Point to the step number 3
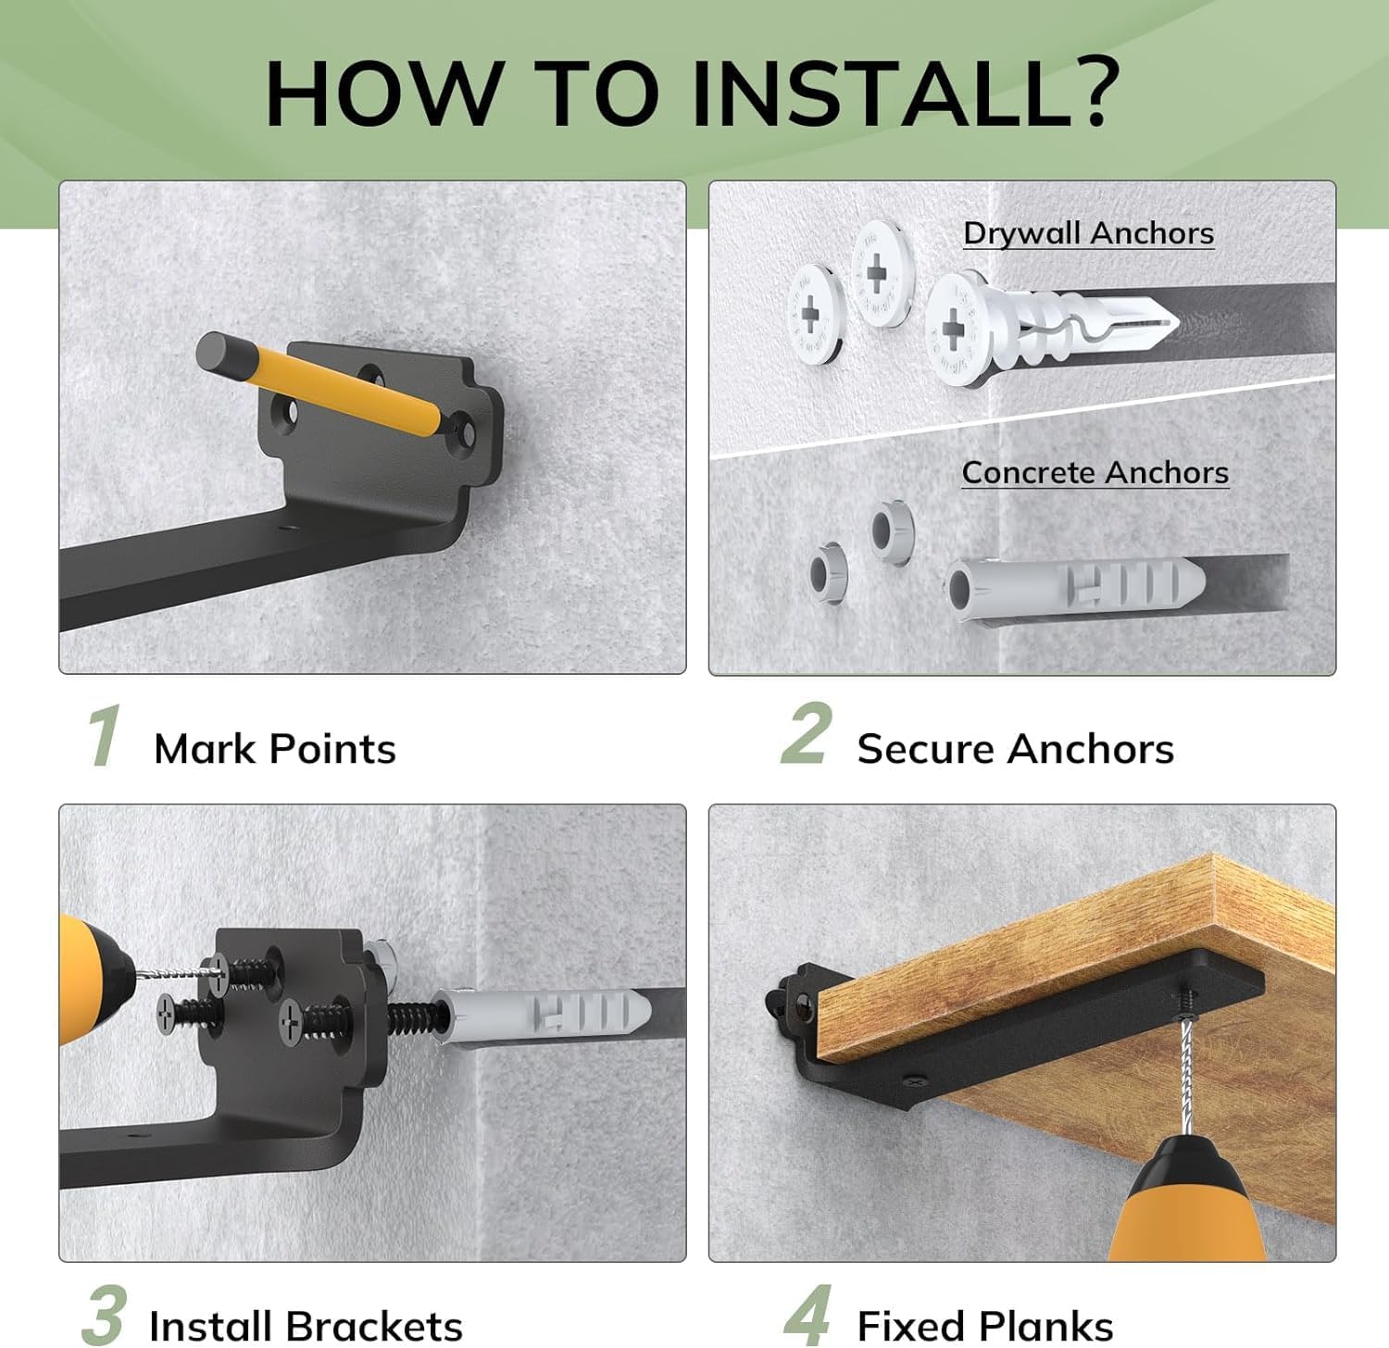[x=104, y=1315]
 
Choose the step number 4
[x=807, y=1316]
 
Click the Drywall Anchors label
[x=1088, y=233]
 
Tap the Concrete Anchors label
[x=1095, y=473]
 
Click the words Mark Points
[x=274, y=748]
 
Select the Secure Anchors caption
[x=1015, y=748]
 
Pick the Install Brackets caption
[x=305, y=1326]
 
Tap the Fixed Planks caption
[x=984, y=1326]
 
